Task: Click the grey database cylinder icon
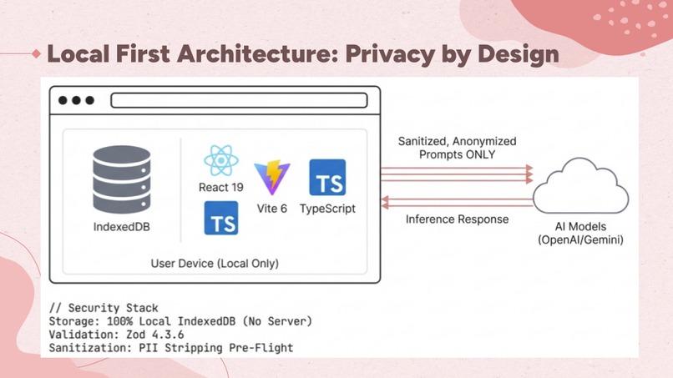(x=122, y=179)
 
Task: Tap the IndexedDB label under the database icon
(x=122, y=226)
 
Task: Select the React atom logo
(x=221, y=160)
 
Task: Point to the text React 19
(x=221, y=187)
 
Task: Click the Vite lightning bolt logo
(x=272, y=177)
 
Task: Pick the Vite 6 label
(x=272, y=209)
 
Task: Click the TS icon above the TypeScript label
(x=327, y=177)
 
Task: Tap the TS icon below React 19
(x=221, y=218)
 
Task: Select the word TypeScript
(x=327, y=209)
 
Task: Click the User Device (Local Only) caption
(x=215, y=264)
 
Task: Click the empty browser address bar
(x=239, y=100)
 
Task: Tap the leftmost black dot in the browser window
(x=63, y=100)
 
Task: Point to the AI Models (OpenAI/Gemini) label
(x=580, y=233)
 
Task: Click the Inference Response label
(x=457, y=219)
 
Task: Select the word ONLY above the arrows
(x=480, y=154)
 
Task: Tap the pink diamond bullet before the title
(x=37, y=53)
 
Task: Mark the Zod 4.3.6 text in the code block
(x=155, y=335)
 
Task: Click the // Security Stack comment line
(x=104, y=308)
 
